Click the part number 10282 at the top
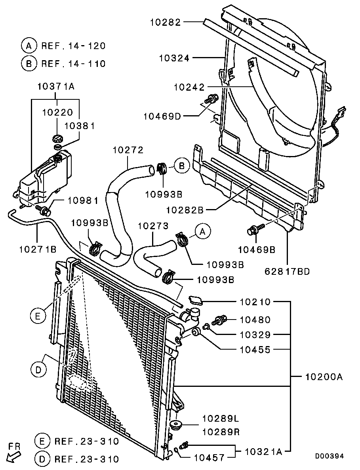pyautogui.click(x=166, y=22)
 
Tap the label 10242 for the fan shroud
pyautogui.click(x=189, y=87)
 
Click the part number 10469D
pyautogui.click(x=162, y=116)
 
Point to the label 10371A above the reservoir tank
pyautogui.click(x=56, y=86)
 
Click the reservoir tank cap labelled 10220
pyautogui.click(x=57, y=139)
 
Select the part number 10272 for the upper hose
pyautogui.click(x=128, y=150)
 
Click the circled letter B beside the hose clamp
pyautogui.click(x=182, y=166)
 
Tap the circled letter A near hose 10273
pyautogui.click(x=203, y=231)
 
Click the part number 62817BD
pyautogui.click(x=287, y=271)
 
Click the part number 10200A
pyautogui.click(x=324, y=377)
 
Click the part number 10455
pyautogui.click(x=255, y=349)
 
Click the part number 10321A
pyautogui.click(x=263, y=451)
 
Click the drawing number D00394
pyautogui.click(x=330, y=456)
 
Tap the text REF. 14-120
pyautogui.click(x=73, y=46)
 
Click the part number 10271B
pyautogui.click(x=38, y=249)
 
